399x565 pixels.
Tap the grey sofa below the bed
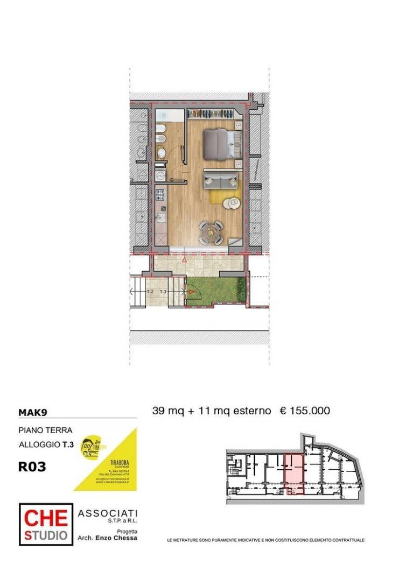[221, 179]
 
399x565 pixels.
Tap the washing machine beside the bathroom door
[160, 175]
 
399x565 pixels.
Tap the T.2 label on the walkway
[150, 291]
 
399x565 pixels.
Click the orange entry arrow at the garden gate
[191, 292]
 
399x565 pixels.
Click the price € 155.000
[305, 411]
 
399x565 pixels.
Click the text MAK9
[33, 413]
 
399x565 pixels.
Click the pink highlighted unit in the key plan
[294, 472]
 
